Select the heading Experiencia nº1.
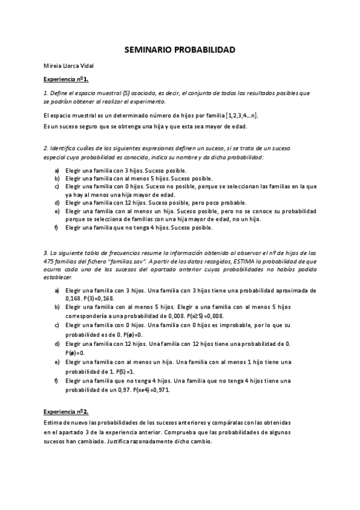tap(66, 79)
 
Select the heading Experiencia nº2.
tap(66, 412)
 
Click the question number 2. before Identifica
tap(46, 148)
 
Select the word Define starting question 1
tap(61, 93)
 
